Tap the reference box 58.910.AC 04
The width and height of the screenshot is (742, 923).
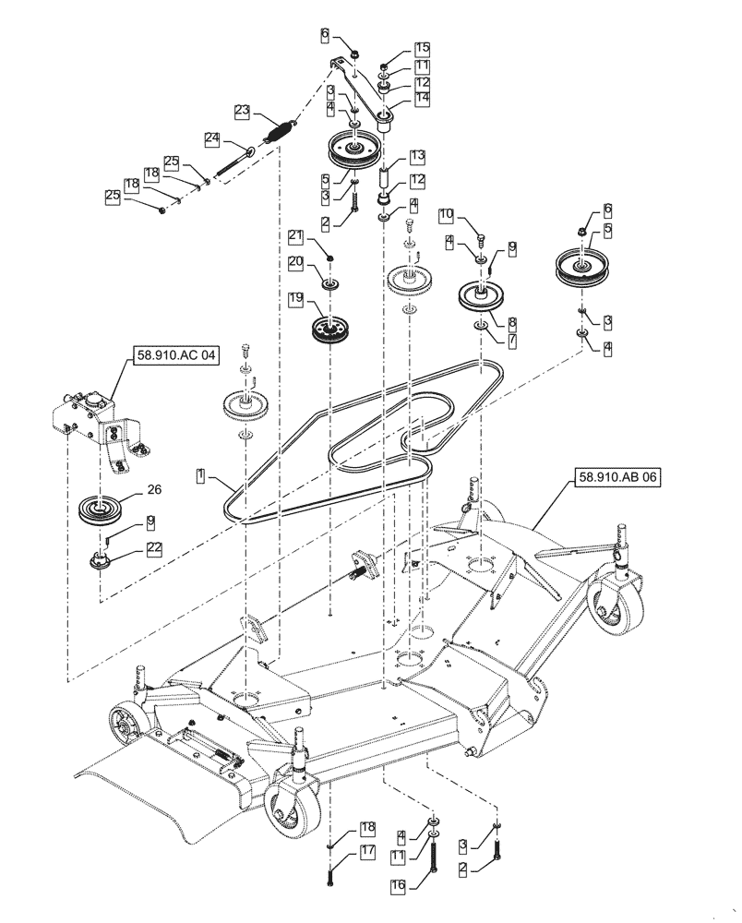point(172,356)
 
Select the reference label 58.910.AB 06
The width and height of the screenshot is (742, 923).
point(617,477)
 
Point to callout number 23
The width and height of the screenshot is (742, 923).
point(242,111)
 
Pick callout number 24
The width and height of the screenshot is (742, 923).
point(211,138)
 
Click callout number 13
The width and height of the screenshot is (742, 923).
point(417,155)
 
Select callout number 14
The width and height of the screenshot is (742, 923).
point(421,97)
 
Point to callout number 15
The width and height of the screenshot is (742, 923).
point(421,47)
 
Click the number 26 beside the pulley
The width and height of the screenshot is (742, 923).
point(152,490)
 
